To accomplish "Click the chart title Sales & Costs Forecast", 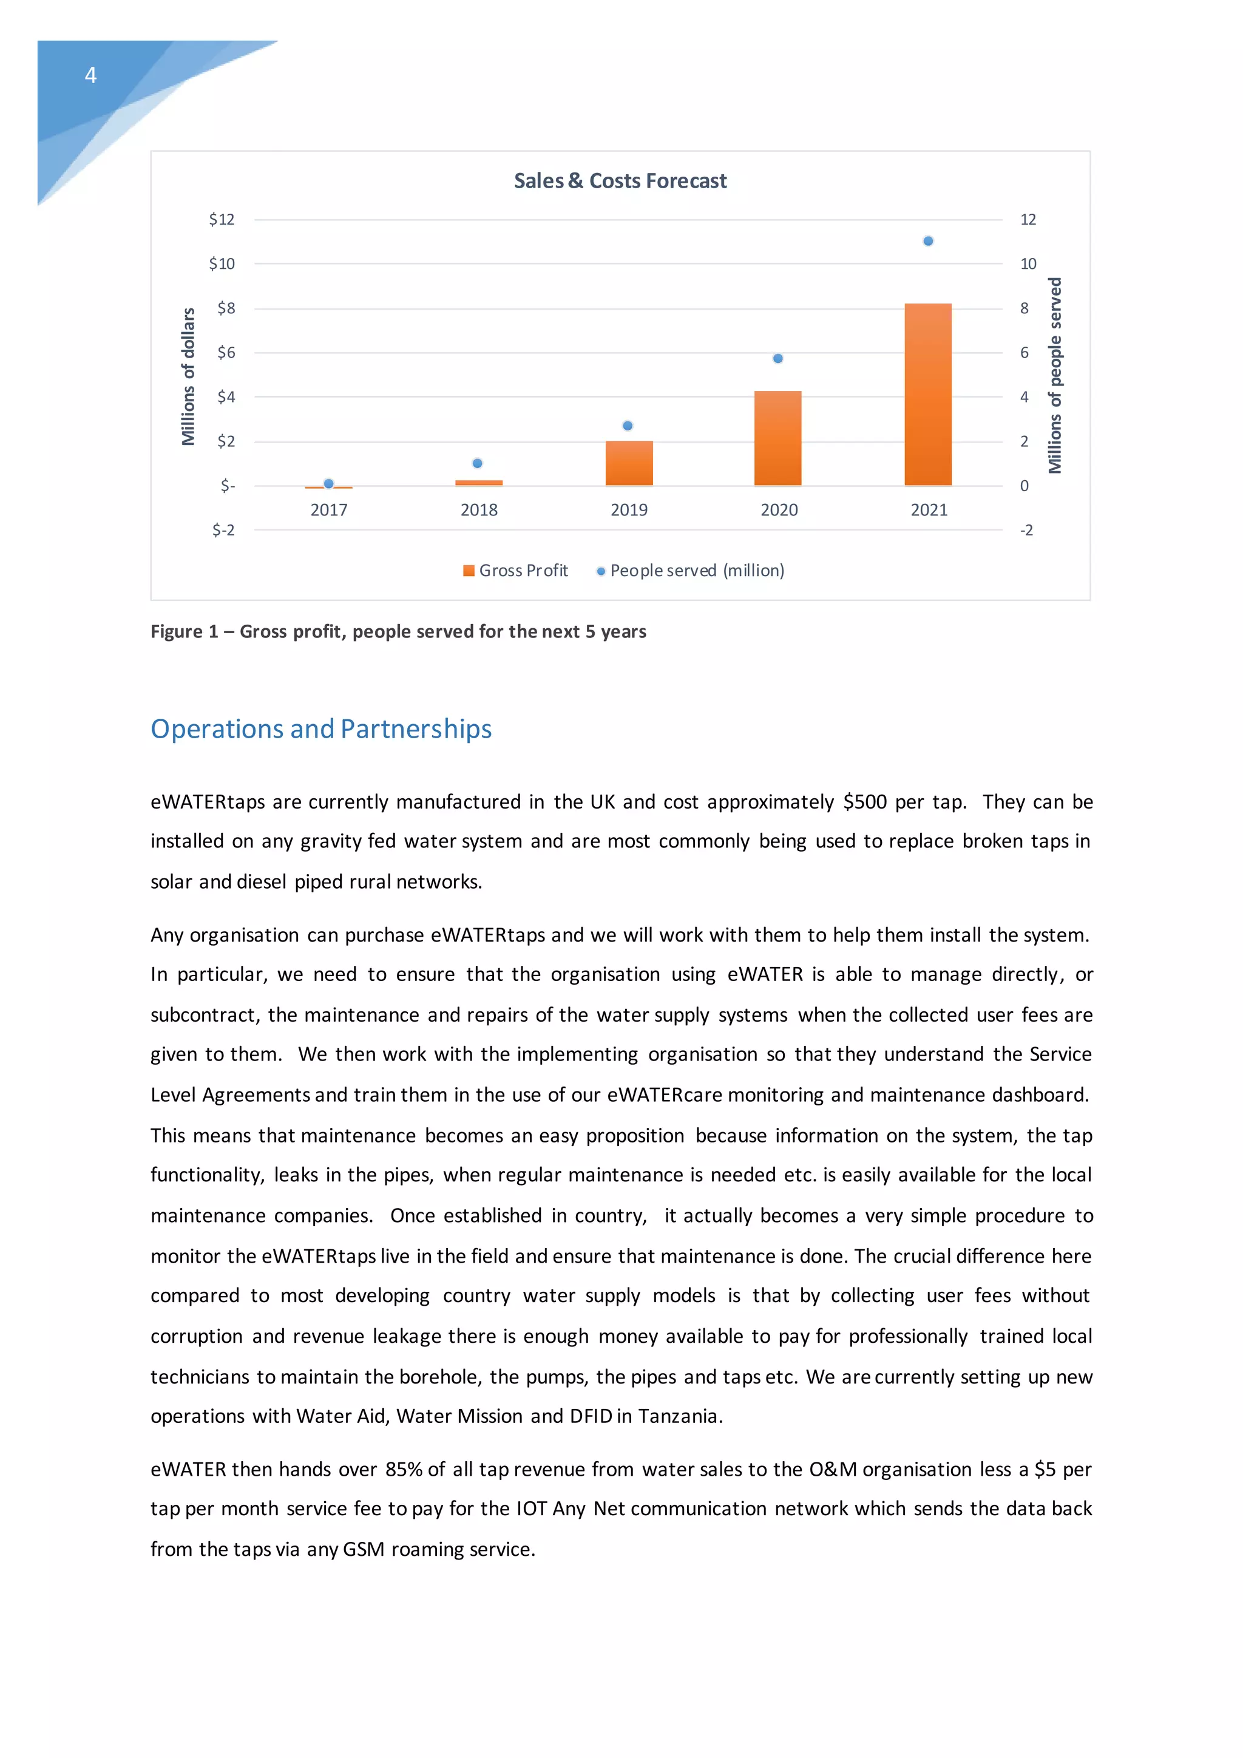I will [x=620, y=181].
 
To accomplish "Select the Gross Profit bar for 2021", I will [x=927, y=395].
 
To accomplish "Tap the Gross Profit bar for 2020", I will [x=777, y=438].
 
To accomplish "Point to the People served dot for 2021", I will [x=927, y=241].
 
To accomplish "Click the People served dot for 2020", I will [x=777, y=358].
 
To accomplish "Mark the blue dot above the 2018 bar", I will [x=478, y=463].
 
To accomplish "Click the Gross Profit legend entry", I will [x=516, y=571].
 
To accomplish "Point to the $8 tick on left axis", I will [x=226, y=308].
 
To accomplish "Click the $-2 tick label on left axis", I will [x=223, y=530].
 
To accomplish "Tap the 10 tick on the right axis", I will [x=1028, y=264].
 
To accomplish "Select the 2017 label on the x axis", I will [x=329, y=510].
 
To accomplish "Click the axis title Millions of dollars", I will [x=188, y=377].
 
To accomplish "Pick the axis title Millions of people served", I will [x=1055, y=375].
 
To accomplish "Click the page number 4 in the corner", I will [x=90, y=75].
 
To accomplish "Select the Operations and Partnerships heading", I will [x=320, y=729].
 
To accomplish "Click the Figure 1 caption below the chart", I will [x=398, y=632].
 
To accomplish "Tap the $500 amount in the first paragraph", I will [x=865, y=802].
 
